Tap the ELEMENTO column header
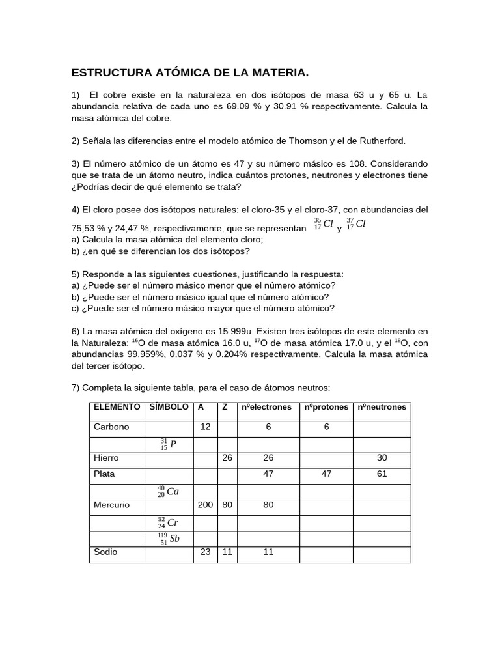(x=117, y=407)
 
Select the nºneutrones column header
(x=382, y=407)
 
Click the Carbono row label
(x=111, y=427)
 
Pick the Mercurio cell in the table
(x=112, y=505)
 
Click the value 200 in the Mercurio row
(x=205, y=505)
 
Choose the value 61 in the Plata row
(x=382, y=474)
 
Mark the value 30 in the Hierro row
(x=382, y=459)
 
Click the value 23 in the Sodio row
(x=205, y=552)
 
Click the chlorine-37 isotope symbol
(x=359, y=224)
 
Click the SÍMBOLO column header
(x=169, y=407)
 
